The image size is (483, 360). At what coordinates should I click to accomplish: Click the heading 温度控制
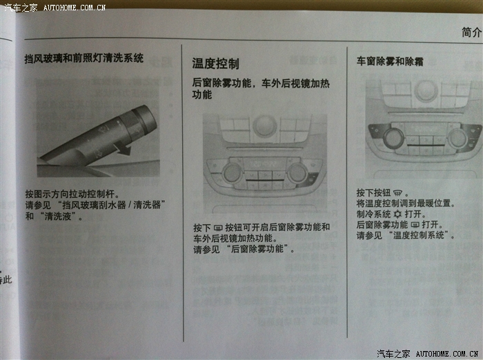click(x=215, y=63)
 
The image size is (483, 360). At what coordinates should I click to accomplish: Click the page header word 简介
click(x=471, y=32)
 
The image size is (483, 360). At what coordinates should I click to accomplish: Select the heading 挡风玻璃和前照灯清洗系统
click(x=83, y=58)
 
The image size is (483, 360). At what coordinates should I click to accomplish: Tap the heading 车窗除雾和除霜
click(x=390, y=61)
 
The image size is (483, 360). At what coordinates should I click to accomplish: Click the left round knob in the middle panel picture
click(x=233, y=173)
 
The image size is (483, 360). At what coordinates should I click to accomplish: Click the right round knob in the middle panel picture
click(x=297, y=173)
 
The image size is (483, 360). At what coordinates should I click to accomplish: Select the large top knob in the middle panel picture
click(x=264, y=126)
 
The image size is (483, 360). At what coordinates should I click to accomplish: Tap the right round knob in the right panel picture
click(x=458, y=138)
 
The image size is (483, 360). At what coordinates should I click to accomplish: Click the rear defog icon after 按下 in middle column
click(x=218, y=228)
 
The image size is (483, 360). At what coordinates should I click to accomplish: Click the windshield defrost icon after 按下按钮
click(x=398, y=193)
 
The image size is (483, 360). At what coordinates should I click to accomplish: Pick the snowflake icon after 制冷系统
click(x=397, y=214)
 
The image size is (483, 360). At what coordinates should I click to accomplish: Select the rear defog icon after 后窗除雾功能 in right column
click(x=415, y=225)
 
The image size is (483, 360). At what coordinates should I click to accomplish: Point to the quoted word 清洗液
click(x=57, y=216)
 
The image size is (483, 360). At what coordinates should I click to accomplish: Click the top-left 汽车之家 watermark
click(x=20, y=7)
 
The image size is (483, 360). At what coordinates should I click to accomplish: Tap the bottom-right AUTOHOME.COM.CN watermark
click(x=447, y=354)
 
